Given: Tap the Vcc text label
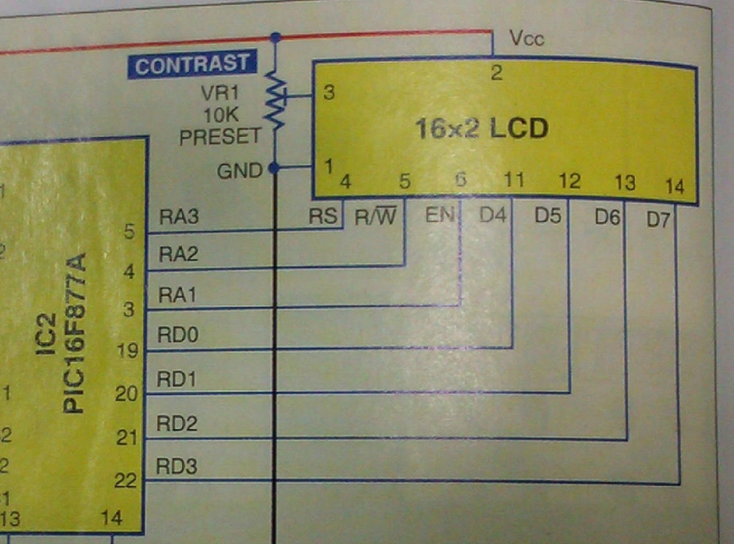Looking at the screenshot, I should pyautogui.click(x=527, y=39).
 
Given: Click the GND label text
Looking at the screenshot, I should pyautogui.click(x=239, y=172).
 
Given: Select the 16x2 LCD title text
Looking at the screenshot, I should pyautogui.click(x=482, y=128).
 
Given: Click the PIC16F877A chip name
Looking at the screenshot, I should pyautogui.click(x=74, y=333).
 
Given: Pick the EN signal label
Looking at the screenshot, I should pyautogui.click(x=439, y=215).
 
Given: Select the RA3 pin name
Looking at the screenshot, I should pyautogui.click(x=178, y=216).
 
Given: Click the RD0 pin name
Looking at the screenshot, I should pyautogui.click(x=178, y=335).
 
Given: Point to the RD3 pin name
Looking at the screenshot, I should pyautogui.click(x=177, y=466).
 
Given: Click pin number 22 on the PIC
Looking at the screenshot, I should pyautogui.click(x=125, y=481).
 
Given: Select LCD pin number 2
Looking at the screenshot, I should pyautogui.click(x=496, y=73).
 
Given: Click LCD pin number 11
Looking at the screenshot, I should pyautogui.click(x=514, y=180).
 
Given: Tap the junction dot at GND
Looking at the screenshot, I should pyautogui.click(x=274, y=168).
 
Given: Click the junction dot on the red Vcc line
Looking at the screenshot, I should pyautogui.click(x=276, y=37).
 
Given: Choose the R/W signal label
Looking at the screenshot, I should pyautogui.click(x=375, y=216).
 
